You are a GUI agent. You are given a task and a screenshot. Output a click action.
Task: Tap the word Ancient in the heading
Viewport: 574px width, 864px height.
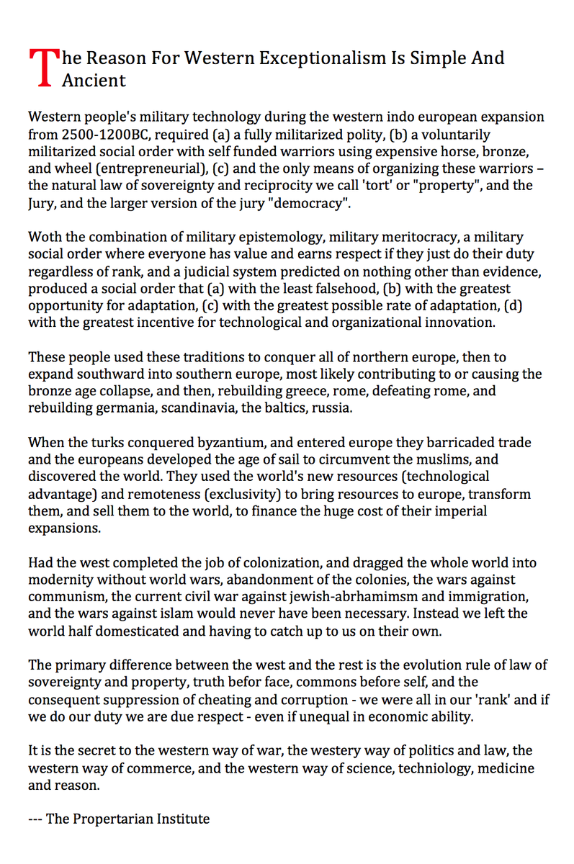coord(94,80)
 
